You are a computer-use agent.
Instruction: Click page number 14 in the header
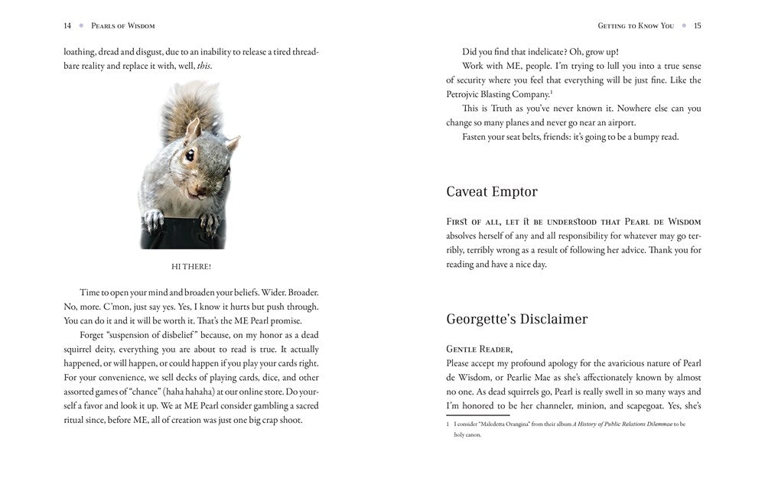pos(67,25)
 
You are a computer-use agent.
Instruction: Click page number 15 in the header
pos(697,25)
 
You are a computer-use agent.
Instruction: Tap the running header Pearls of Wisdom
pos(123,25)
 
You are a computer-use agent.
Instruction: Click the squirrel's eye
pos(188,155)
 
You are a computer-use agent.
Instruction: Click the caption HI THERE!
pos(190,266)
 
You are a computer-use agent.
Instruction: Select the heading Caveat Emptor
pos(492,191)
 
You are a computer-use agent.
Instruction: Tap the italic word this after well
pos(204,67)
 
